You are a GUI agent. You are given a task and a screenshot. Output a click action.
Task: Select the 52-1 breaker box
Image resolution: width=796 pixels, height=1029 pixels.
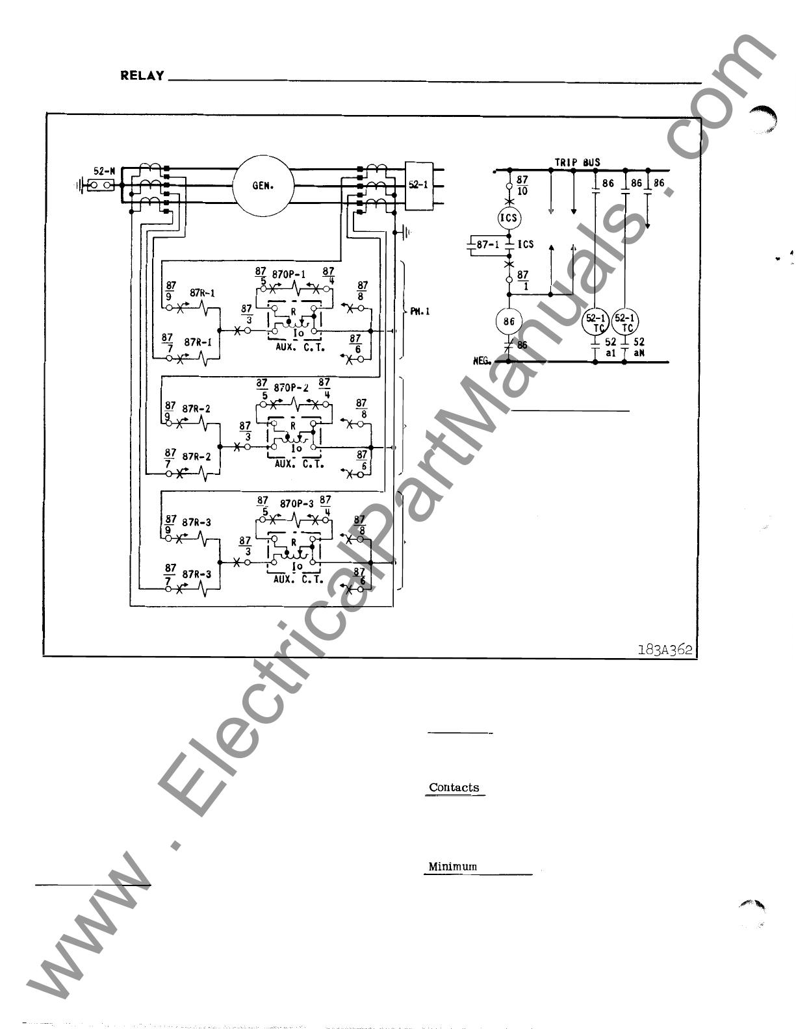point(418,185)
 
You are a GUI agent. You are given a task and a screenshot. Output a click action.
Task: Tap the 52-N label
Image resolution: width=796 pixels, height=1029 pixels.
point(104,171)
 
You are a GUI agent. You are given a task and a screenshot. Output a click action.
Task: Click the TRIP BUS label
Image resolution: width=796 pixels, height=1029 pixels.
point(577,162)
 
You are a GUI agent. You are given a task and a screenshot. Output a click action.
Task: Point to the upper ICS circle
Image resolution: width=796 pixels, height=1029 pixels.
point(508,218)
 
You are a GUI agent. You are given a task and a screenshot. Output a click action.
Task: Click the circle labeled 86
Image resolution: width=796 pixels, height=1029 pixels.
point(508,321)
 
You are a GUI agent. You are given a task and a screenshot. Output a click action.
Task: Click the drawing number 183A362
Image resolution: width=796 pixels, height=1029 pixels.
point(665,650)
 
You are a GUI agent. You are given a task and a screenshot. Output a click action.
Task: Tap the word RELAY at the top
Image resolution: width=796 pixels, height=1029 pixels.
point(142,75)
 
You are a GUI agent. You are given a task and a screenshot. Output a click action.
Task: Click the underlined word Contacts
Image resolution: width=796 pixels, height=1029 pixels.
point(454,787)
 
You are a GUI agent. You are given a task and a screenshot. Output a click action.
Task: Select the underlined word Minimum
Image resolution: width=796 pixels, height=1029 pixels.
point(452,867)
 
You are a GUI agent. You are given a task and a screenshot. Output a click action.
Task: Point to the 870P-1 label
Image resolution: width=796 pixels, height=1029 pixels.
point(289,275)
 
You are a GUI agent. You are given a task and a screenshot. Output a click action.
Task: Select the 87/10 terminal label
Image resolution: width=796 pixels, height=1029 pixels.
point(522,185)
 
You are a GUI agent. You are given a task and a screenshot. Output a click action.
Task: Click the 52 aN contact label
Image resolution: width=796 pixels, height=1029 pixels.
point(638,346)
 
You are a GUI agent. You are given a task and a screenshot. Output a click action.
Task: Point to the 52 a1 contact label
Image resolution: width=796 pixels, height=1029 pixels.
point(610,346)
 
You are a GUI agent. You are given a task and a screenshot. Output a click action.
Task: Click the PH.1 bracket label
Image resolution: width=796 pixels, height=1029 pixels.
point(419,312)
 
